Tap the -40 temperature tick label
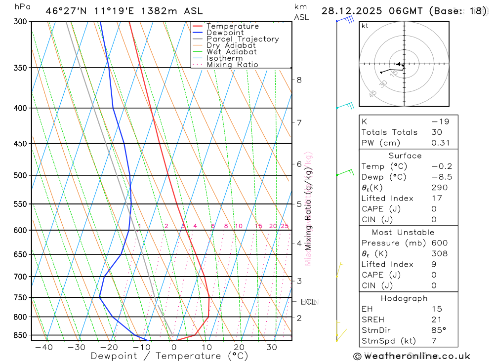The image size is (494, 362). point(44,347)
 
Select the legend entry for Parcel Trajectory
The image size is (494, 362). point(243,39)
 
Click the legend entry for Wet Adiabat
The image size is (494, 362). point(232,52)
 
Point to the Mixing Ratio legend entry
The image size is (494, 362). point(232,65)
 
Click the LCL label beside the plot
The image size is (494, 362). point(308,302)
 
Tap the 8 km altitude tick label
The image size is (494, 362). point(299,80)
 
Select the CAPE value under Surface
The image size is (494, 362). point(434,209)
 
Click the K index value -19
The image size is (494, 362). point(437,121)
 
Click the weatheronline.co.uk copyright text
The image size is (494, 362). point(412,356)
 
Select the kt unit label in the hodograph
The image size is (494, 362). point(365,26)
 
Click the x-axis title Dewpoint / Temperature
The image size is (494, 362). point(169,356)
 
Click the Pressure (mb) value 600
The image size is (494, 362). point(439,243)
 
